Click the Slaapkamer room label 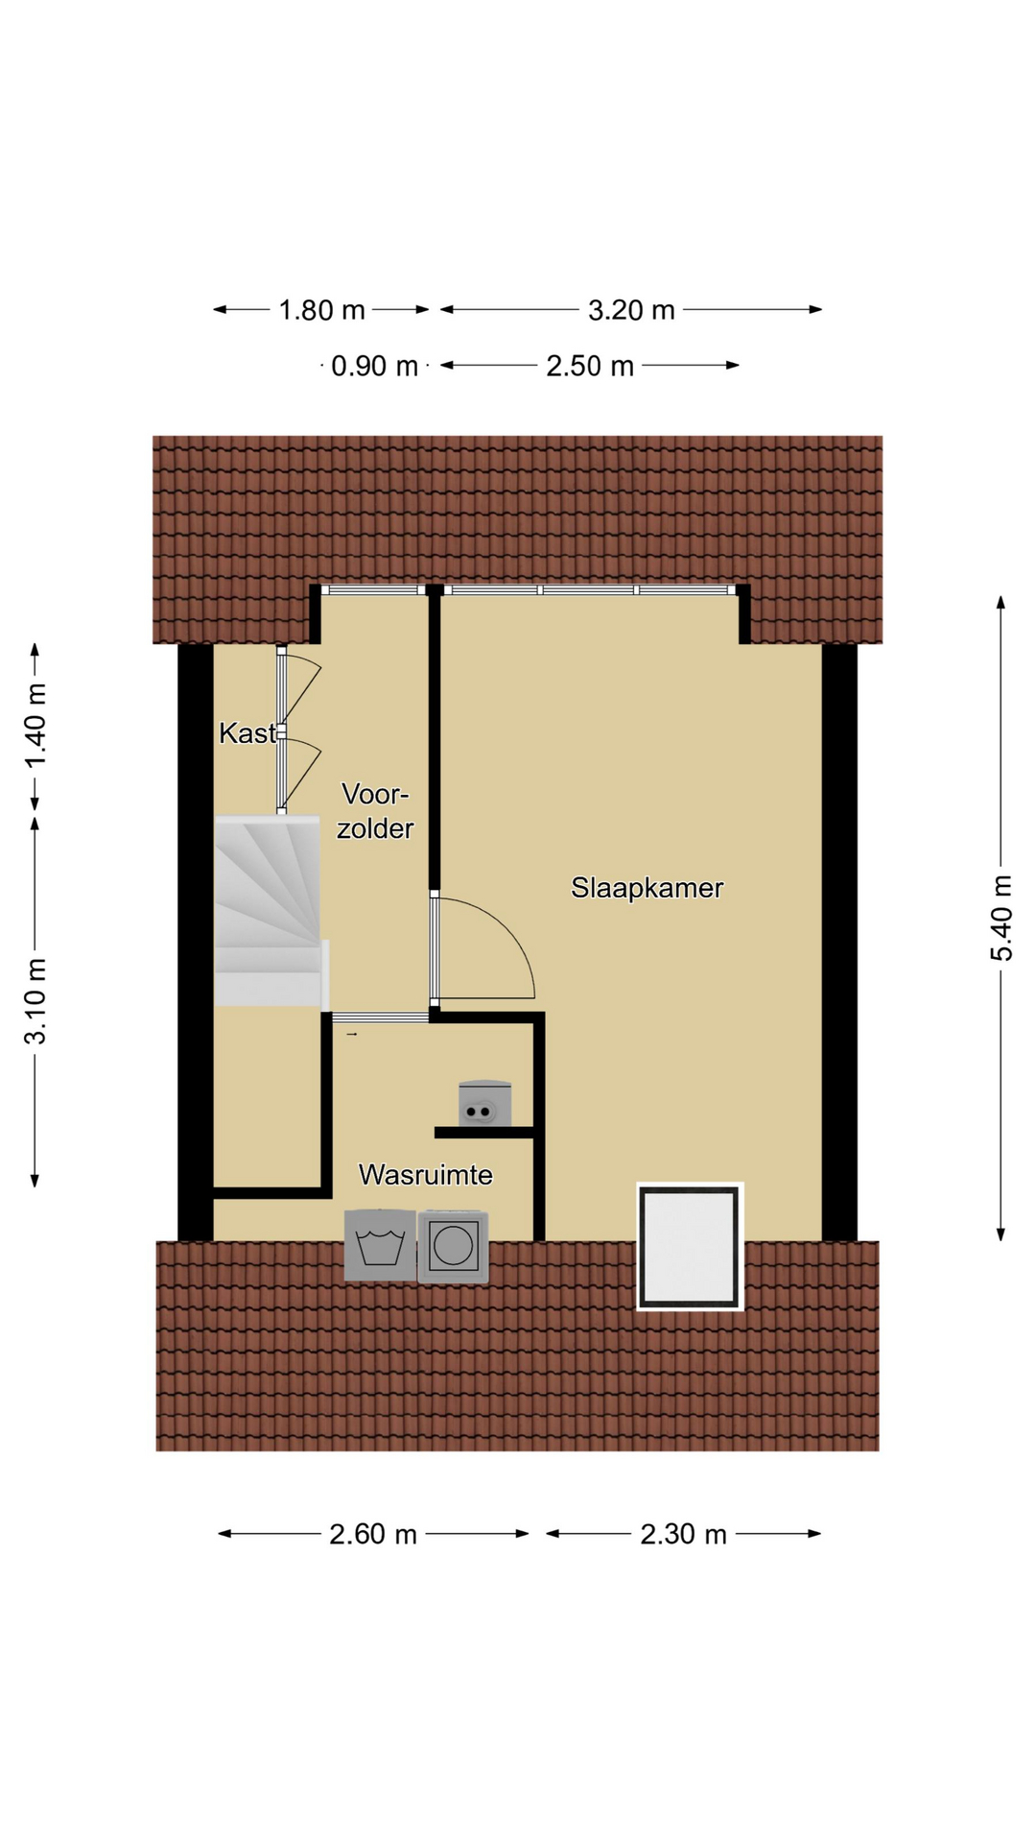647,888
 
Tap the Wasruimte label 425,1175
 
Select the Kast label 247,733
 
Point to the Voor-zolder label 375,811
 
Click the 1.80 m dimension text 321,310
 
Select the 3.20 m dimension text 631,310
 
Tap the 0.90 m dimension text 374,366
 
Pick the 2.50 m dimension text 590,366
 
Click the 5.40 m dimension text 1001,918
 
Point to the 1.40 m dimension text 35,727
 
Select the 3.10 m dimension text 35,1000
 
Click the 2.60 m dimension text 373,1534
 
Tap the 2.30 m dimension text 683,1534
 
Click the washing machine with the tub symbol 380,1245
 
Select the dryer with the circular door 453,1247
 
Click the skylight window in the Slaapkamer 691,1246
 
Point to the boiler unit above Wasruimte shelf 484,1103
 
